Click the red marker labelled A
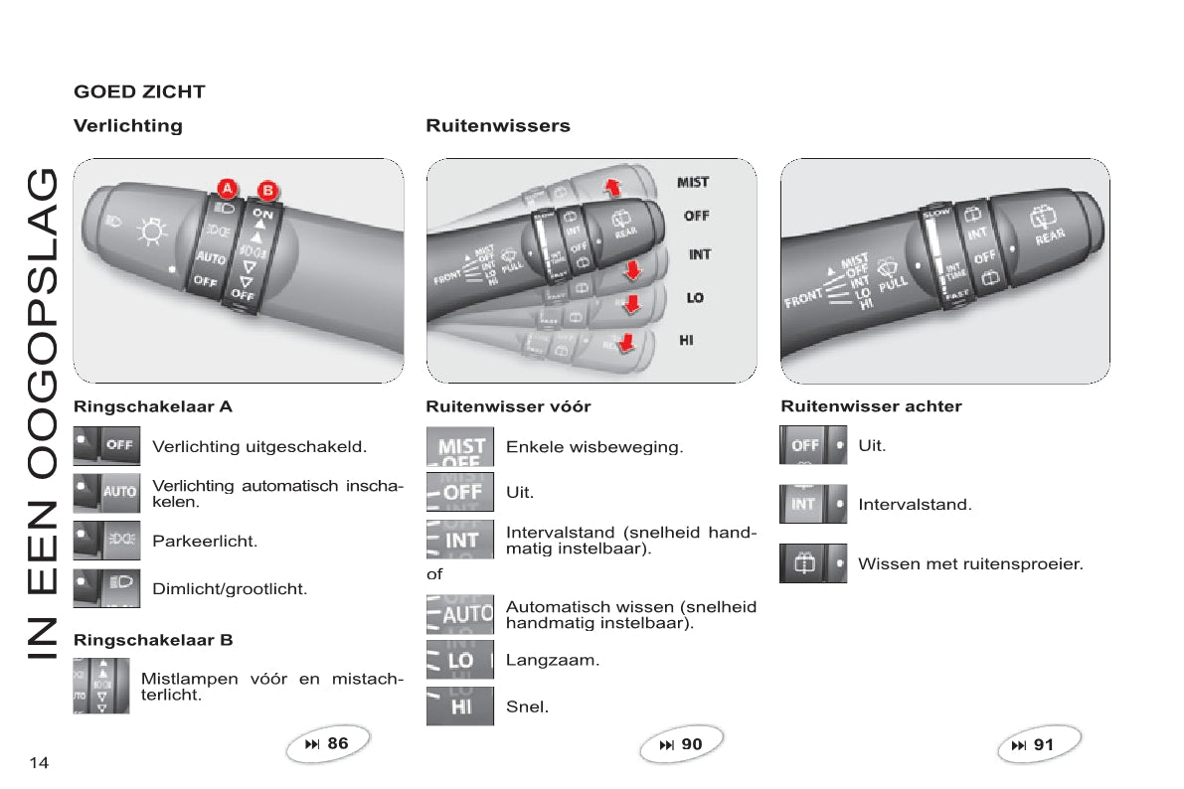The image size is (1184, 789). coord(227,187)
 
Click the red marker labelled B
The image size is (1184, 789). coord(266,190)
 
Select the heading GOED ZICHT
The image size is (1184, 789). coord(139,91)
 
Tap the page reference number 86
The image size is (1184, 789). coord(337,743)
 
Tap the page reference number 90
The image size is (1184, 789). coord(691,743)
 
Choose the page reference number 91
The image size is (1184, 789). coord(1043,743)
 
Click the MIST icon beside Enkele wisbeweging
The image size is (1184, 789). coord(460,447)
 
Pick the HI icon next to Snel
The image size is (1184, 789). coord(460,707)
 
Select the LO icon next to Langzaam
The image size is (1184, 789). coord(460,660)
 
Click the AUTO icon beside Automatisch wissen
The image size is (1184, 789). coord(460,614)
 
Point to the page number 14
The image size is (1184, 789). coord(39,762)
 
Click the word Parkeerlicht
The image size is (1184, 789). coord(204,542)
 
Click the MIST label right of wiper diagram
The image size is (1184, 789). coord(693,182)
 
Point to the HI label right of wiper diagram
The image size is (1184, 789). coord(686,340)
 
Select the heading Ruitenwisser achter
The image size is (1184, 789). coord(871,406)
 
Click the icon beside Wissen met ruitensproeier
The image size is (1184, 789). coord(813,563)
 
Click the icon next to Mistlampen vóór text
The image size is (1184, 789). coord(100,686)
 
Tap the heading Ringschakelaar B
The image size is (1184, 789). coord(153,640)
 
